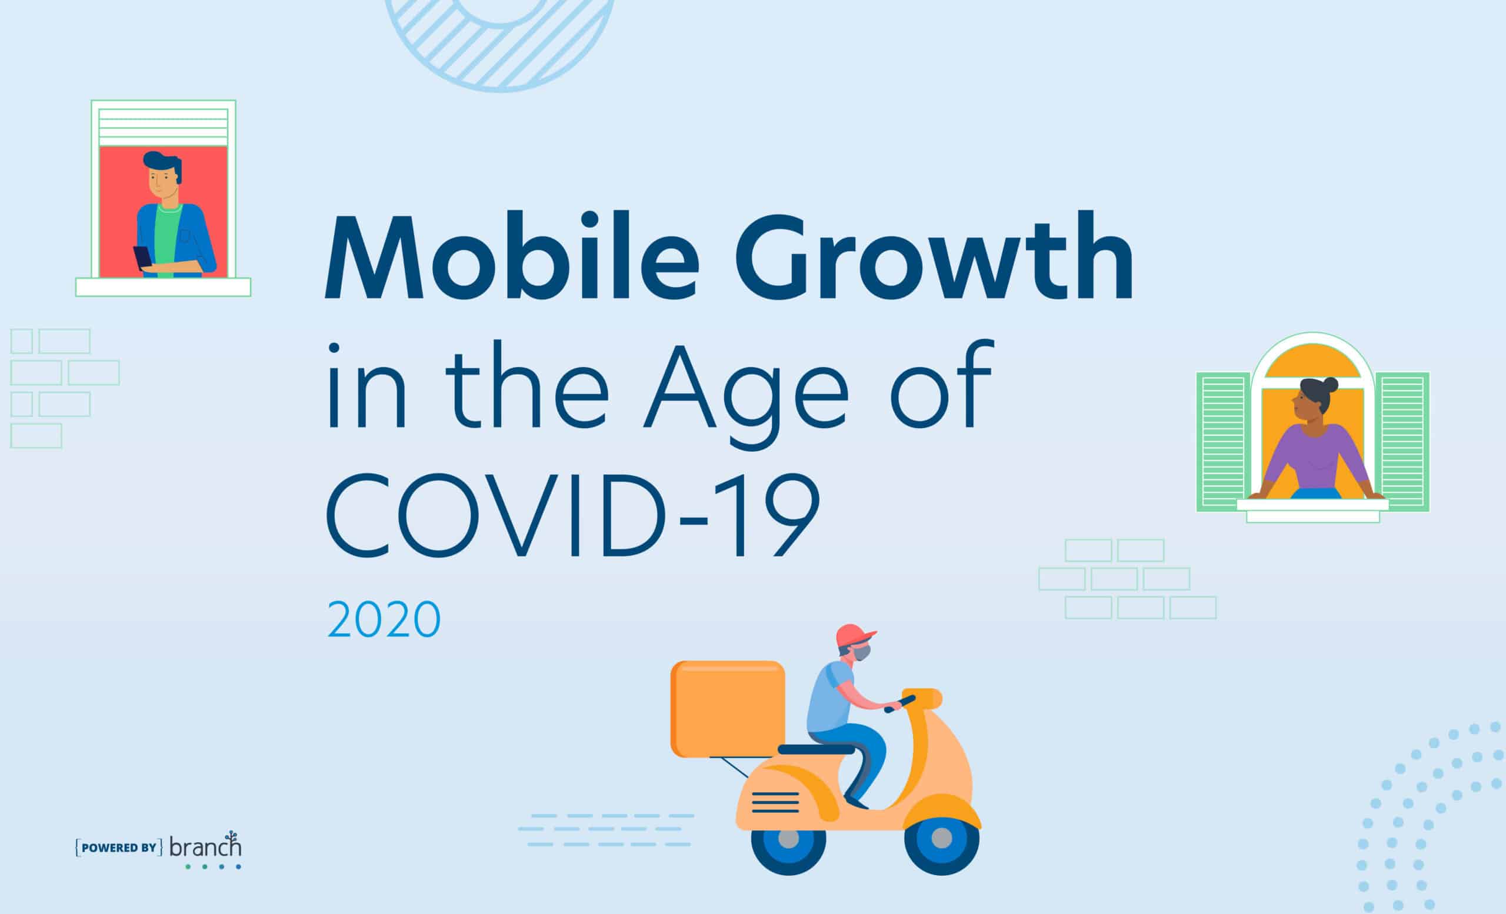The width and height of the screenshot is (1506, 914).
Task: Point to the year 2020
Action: tap(384, 619)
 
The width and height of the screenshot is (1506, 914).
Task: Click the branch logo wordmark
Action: tap(205, 848)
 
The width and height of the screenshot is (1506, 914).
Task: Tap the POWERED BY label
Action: tap(119, 848)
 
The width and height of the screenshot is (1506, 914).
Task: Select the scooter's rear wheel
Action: tap(788, 839)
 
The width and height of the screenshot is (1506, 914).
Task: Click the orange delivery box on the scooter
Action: tap(727, 708)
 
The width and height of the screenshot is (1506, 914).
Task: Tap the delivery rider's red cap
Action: tap(854, 635)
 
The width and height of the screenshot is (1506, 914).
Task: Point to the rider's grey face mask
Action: tap(862, 653)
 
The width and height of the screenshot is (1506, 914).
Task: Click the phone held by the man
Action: tap(142, 256)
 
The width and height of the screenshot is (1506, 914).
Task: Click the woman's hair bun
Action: tap(1330, 385)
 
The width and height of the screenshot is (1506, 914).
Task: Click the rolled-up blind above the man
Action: tap(163, 126)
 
